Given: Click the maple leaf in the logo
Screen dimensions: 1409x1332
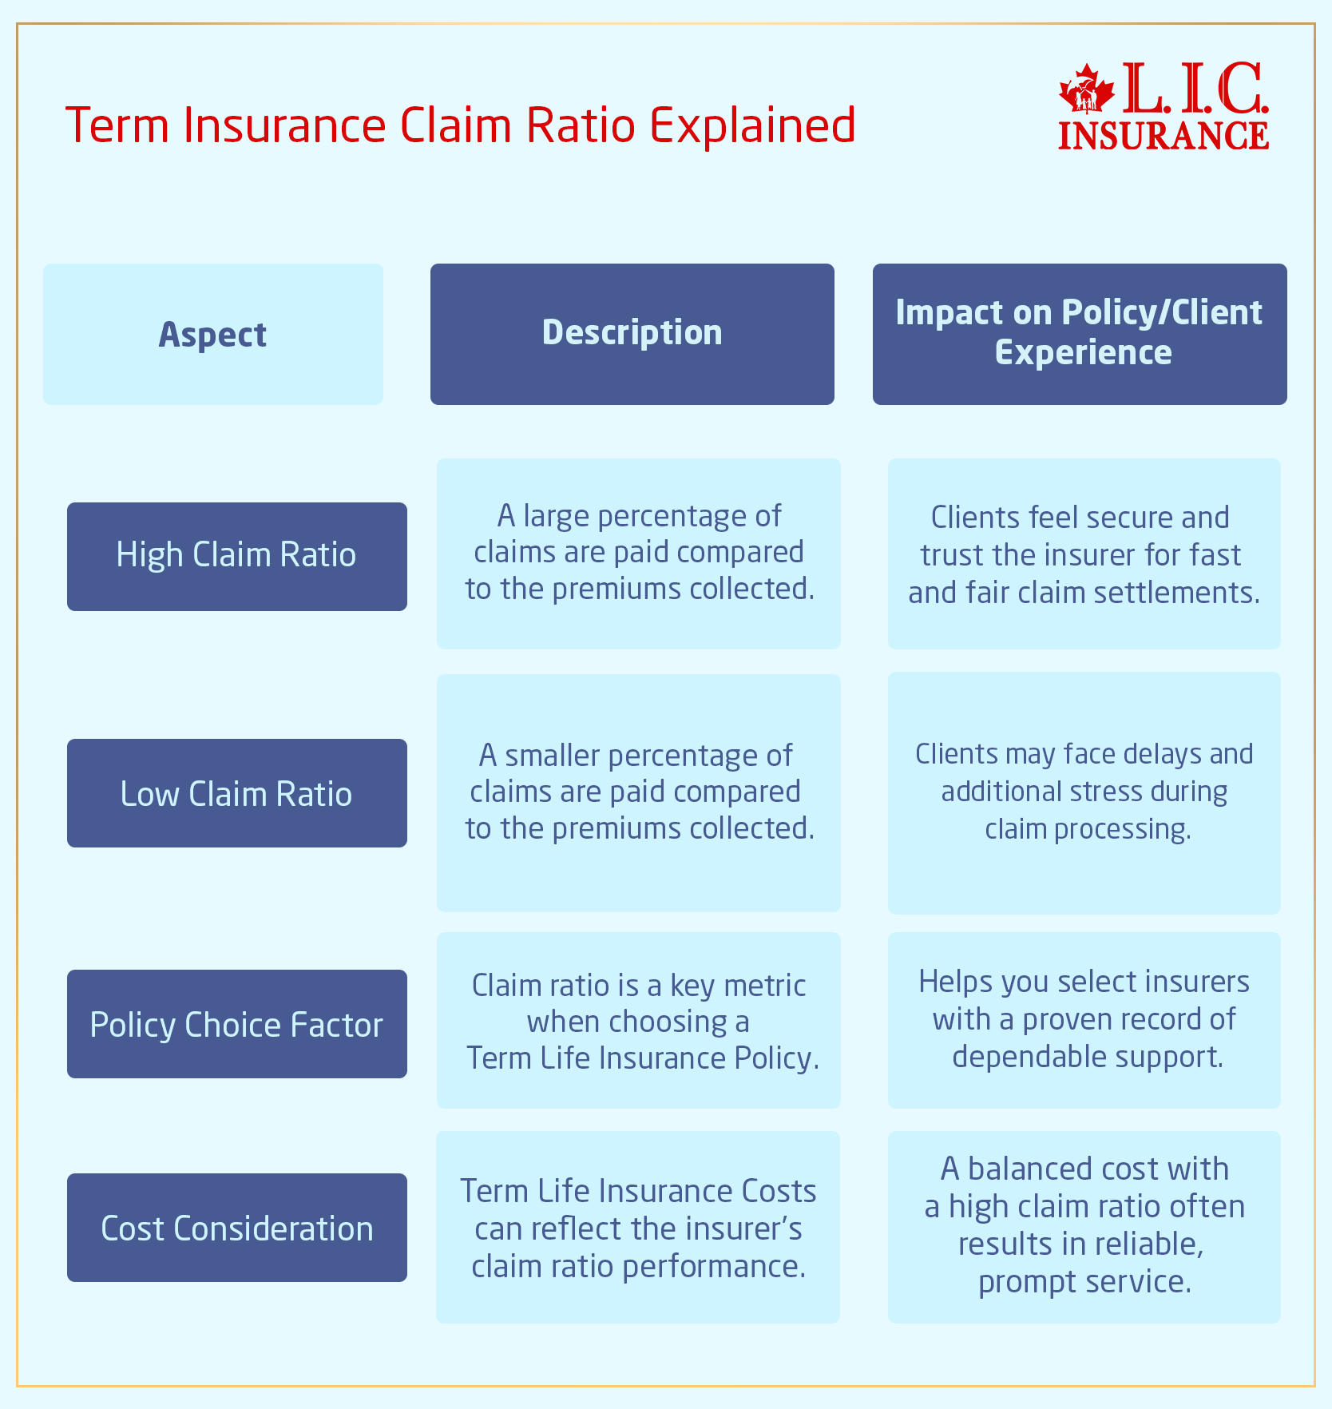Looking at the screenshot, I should pyautogui.click(x=1085, y=90).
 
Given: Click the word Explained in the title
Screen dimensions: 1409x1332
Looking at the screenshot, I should pyautogui.click(x=752, y=126).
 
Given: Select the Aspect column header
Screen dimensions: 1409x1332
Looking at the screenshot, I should pyautogui.click(x=212, y=334).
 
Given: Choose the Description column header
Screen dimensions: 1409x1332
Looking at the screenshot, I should pyautogui.click(x=632, y=332).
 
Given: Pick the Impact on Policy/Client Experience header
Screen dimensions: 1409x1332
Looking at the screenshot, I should pyautogui.click(x=1079, y=332).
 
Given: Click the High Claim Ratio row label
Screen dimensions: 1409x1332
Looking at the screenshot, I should pyautogui.click(x=236, y=555).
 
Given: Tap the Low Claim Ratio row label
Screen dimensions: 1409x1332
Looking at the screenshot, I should pyautogui.click(x=236, y=794).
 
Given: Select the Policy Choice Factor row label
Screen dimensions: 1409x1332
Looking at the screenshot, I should pyautogui.click(x=236, y=1025).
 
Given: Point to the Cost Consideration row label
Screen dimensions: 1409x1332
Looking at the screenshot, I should pyautogui.click(x=236, y=1228).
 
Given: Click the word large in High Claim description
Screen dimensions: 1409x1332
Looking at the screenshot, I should pyautogui.click(x=557, y=517).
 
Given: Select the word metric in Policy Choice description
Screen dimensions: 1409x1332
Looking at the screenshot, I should pyautogui.click(x=764, y=986).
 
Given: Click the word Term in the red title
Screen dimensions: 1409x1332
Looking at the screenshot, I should pyautogui.click(x=117, y=126).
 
